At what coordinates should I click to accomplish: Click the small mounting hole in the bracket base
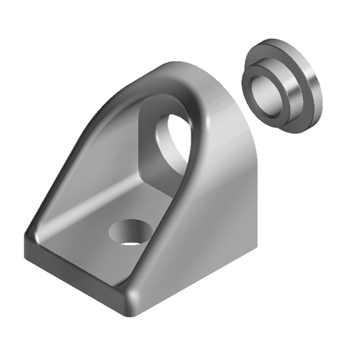click(129, 232)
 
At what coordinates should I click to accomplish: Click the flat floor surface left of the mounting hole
click(79, 234)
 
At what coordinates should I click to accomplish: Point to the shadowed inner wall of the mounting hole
click(127, 227)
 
